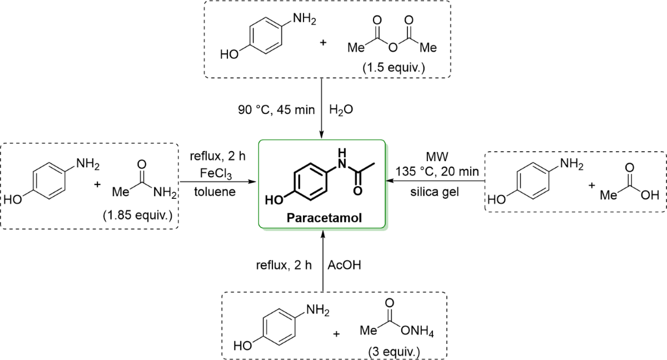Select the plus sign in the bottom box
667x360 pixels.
(336, 335)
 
